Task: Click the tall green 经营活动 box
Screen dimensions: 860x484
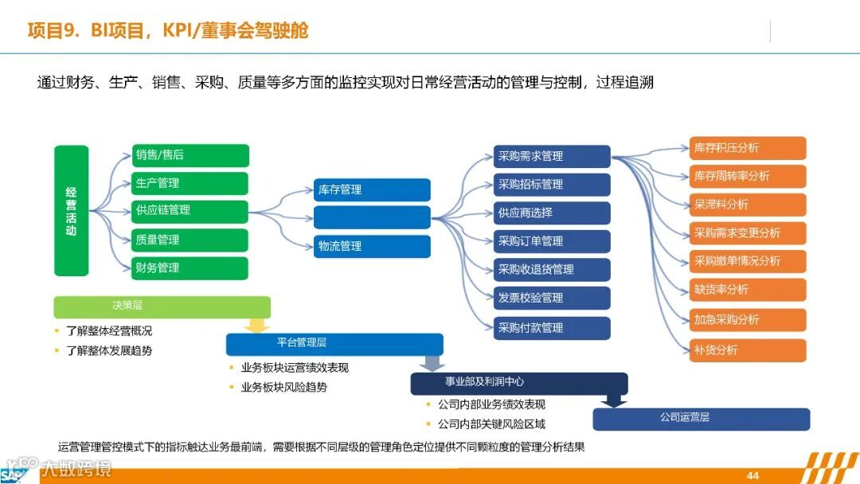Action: [x=71, y=210]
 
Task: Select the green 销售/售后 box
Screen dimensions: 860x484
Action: [x=190, y=155]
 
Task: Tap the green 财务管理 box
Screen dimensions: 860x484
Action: [x=190, y=268]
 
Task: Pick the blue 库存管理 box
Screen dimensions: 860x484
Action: [x=372, y=189]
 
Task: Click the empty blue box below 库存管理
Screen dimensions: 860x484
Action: [x=372, y=217]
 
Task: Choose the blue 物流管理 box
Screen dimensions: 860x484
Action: [x=372, y=246]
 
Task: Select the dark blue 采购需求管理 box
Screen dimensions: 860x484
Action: [x=552, y=156]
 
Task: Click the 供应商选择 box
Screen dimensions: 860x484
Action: [x=552, y=213]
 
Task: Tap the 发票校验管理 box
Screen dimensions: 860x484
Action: [x=552, y=298]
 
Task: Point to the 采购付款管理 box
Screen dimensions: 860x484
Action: [x=552, y=328]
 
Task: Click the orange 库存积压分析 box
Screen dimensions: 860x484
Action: [x=748, y=148]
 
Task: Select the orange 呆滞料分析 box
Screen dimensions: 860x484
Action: [x=748, y=205]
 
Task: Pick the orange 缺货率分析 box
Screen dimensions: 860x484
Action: [x=748, y=290]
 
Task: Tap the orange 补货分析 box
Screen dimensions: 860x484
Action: [x=748, y=350]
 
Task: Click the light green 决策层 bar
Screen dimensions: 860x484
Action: [x=162, y=306]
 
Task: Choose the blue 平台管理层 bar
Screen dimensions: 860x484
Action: [x=334, y=344]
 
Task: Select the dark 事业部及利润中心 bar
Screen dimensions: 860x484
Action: [x=518, y=383]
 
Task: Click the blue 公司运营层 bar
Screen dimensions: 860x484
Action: [x=701, y=419]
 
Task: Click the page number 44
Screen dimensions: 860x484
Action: [x=752, y=475]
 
